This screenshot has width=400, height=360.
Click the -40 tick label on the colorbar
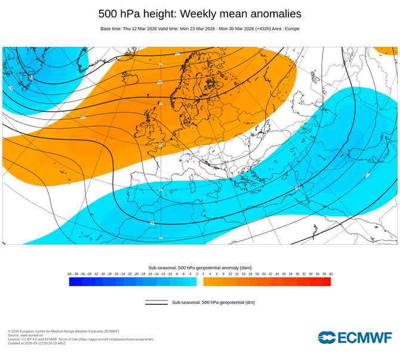[69, 274]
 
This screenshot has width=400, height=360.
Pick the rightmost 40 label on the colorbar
[330, 274]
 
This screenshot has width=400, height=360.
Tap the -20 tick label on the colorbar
[137, 274]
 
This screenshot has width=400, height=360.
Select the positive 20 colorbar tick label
[263, 274]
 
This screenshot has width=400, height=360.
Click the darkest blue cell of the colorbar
[73, 282]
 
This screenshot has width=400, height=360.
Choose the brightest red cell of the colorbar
[327, 282]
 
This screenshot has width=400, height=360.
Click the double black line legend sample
[156, 303]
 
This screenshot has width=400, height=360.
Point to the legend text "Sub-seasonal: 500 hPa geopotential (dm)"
[213, 303]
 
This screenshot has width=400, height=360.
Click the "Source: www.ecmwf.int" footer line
[26, 336]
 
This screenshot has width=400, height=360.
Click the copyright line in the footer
[63, 331]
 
